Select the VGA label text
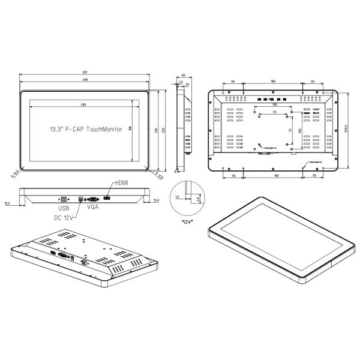coord(93,208)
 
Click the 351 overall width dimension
coord(85,73)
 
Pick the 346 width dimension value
coord(85,80)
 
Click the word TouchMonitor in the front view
coord(101,129)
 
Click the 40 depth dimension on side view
coord(183,75)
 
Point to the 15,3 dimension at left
coord(7,203)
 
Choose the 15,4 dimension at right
coord(156,200)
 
